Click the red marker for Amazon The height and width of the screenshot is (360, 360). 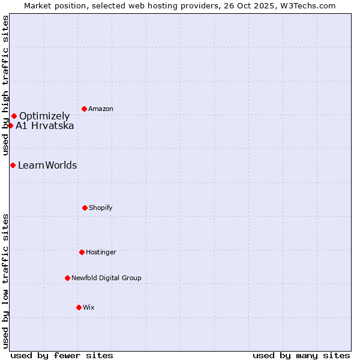84,109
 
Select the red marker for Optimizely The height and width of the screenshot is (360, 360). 14,116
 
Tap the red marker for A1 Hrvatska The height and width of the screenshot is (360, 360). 10,125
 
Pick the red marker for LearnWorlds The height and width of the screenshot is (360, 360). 13,165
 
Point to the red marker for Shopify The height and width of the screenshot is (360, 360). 85,208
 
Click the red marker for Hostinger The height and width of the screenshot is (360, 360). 82,252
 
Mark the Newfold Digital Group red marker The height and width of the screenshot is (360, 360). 67,278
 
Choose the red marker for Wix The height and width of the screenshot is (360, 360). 79,307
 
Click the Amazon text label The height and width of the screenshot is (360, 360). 101,109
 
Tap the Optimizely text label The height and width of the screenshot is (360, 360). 44,116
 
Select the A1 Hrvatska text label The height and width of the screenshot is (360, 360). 45,125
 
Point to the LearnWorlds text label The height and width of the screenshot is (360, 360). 47,165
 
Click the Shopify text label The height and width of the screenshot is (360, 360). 101,208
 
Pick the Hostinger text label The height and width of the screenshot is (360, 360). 101,253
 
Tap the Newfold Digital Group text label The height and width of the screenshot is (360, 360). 106,278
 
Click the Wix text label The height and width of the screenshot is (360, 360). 89,308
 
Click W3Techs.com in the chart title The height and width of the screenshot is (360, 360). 306,5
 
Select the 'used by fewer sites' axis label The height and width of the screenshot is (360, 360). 62,355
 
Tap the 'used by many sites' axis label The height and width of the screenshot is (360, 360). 301,355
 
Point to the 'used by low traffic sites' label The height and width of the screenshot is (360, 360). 6,280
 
